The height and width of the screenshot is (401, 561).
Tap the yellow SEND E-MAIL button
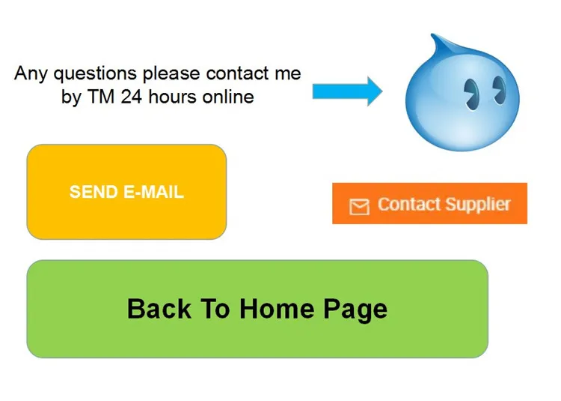[x=126, y=192]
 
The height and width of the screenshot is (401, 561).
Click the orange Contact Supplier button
[x=429, y=203]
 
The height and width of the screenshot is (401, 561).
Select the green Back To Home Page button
[x=257, y=309]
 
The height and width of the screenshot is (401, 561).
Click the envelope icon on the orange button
[x=360, y=206]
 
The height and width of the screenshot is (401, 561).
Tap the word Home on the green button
[x=278, y=309]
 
